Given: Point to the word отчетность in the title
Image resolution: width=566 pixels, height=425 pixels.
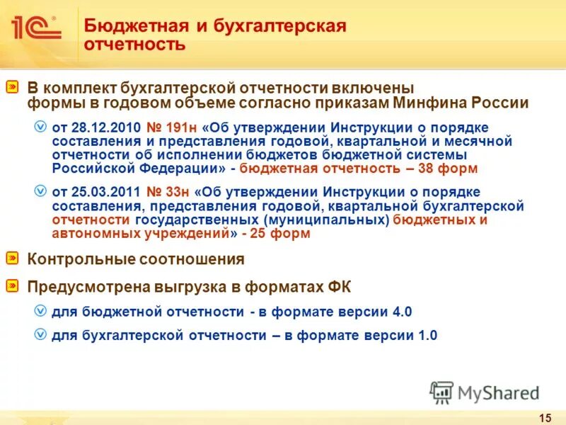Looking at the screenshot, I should (x=135, y=45).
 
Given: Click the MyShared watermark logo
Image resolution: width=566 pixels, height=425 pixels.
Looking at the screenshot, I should (x=485, y=392).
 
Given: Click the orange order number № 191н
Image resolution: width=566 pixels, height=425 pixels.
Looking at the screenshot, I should (x=173, y=127).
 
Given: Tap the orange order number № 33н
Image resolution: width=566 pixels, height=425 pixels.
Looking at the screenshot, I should (x=169, y=192).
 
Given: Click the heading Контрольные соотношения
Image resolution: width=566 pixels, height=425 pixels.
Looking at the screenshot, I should (x=136, y=259).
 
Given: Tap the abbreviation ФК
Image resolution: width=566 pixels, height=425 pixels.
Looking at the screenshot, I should (x=338, y=287).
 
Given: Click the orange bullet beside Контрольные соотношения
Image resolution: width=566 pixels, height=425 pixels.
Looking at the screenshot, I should (x=13, y=259).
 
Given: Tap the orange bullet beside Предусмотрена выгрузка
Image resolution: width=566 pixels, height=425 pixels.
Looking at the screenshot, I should (x=13, y=286).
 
